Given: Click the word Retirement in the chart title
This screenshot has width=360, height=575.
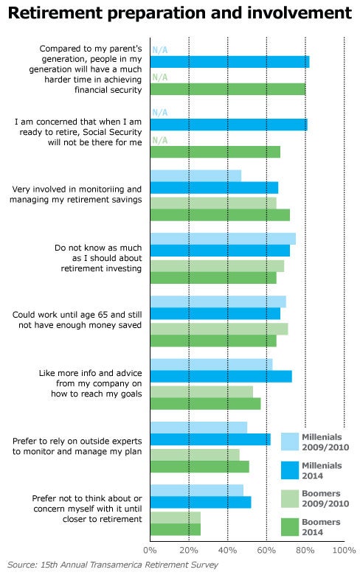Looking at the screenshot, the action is click(55, 13).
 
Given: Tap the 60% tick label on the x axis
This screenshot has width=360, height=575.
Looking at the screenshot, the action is click(266, 551).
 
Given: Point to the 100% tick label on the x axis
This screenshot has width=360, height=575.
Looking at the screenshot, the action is click(344, 551).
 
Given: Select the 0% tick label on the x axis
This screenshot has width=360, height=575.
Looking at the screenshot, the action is click(150, 551).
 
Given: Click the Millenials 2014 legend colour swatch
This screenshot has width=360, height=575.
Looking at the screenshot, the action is click(290, 470).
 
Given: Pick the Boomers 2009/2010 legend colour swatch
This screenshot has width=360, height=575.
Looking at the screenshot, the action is click(290, 499).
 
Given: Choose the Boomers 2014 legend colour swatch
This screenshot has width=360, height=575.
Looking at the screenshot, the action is click(290, 527).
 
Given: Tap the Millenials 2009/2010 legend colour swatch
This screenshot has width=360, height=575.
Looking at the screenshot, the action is click(290, 442).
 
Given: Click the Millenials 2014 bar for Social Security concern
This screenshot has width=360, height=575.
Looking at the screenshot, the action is click(229, 125).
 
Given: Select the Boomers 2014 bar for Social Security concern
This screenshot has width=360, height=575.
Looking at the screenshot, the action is click(215, 152).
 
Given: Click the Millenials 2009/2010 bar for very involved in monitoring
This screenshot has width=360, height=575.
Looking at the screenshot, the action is click(196, 175).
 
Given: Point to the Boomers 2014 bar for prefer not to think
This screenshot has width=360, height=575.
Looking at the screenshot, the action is click(176, 529).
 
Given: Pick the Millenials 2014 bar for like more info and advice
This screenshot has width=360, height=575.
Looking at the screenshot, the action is click(221, 376).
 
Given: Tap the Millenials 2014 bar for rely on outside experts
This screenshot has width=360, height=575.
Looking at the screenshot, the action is click(211, 439).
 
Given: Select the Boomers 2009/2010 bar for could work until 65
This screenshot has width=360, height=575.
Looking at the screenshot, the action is click(219, 329).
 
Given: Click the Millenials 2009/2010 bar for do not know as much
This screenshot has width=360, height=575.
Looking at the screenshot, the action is click(223, 239).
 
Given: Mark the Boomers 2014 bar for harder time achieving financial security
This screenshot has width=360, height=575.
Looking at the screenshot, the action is click(228, 89).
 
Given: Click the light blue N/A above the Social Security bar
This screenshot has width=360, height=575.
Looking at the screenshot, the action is click(160, 113).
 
